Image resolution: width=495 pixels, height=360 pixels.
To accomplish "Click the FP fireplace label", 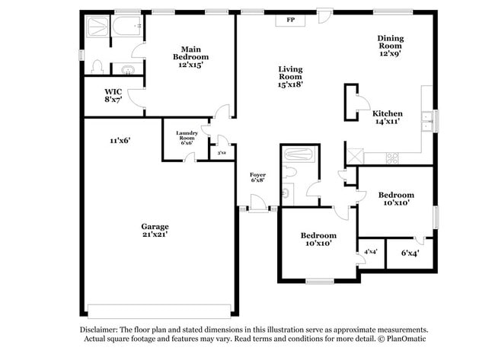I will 290,20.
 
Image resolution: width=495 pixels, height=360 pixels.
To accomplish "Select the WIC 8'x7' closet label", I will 113,95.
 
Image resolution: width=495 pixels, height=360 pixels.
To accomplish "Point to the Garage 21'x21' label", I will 155,231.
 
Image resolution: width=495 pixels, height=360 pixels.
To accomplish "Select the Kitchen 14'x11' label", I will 386,117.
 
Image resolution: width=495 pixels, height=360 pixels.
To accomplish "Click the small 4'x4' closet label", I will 371,252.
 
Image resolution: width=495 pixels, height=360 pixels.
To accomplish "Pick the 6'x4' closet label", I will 409,253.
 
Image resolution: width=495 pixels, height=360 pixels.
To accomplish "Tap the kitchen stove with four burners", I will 394,158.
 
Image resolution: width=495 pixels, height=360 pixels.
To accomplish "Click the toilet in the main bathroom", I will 97,67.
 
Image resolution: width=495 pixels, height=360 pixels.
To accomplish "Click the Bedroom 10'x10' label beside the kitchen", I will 396,199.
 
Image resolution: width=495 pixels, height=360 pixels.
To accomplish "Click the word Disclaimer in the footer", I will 98,330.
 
